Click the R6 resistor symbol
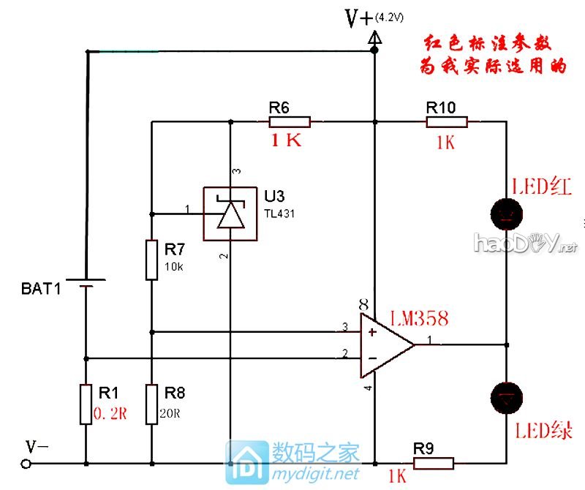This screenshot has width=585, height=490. point(291,121)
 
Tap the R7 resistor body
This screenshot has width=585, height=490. point(151,259)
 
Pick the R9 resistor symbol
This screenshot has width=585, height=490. point(434,463)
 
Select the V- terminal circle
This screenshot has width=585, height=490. point(26,464)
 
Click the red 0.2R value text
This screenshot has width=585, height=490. point(110,414)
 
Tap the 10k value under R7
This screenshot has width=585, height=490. point(174,267)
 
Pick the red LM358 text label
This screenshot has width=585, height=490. point(418,318)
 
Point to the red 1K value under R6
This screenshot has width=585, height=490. point(286,142)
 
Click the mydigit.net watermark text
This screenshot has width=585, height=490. point(316,474)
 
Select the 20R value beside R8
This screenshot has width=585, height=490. point(170,414)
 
